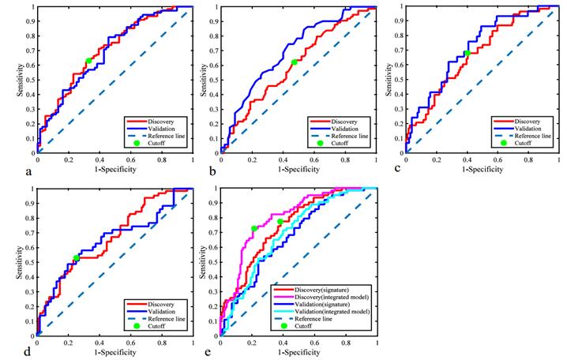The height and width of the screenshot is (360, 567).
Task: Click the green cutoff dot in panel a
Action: pyautogui.click(x=88, y=61)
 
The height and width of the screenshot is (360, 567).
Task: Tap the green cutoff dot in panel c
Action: pyautogui.click(x=467, y=53)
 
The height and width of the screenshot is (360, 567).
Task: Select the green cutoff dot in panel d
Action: pyautogui.click(x=76, y=258)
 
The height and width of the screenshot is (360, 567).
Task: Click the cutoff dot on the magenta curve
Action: pyautogui.click(x=254, y=228)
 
